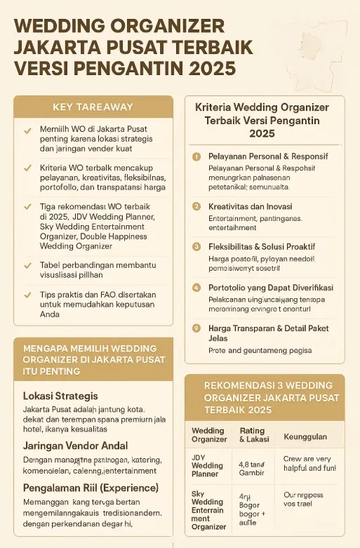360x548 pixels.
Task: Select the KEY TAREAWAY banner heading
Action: click(93, 107)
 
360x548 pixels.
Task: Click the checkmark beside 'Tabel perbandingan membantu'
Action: click(27, 266)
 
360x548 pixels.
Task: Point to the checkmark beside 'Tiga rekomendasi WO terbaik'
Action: click(27, 207)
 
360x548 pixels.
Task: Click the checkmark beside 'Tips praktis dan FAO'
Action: click(27, 295)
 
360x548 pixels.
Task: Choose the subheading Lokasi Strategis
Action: click(60, 396)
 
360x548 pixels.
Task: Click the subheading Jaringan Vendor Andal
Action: click(75, 445)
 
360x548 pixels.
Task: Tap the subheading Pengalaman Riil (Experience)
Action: click(91, 488)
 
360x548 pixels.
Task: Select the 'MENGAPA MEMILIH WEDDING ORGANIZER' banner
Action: click(93, 359)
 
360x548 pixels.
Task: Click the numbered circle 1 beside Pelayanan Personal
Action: click(197, 156)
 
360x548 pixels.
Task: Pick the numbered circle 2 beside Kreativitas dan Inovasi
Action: click(197, 206)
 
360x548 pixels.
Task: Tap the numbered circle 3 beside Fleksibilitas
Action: click(197, 247)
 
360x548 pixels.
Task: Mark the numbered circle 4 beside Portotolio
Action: click(197, 288)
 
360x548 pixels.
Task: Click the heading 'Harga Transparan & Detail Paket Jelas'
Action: click(268, 333)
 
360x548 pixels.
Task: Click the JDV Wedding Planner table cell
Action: click(208, 465)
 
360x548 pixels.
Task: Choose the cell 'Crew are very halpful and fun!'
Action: click(309, 463)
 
